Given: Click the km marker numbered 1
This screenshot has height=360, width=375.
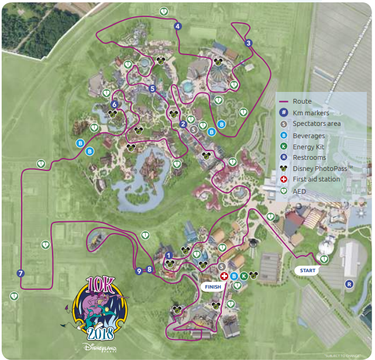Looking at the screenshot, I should coord(168,255).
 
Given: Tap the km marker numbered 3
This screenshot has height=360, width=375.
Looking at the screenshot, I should coord(248,43).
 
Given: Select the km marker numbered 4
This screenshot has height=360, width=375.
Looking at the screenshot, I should coord(178,26).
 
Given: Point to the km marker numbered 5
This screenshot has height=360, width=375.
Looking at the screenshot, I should coord(152,89).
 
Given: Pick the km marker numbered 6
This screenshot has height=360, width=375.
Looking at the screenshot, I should coord(114,105).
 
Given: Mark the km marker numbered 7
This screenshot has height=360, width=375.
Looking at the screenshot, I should coord(21,273).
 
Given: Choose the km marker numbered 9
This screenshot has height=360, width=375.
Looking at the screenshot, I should coord(139,270).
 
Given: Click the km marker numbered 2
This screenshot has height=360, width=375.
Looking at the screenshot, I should coord(183,124).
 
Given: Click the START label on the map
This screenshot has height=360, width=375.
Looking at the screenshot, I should coord(308,271).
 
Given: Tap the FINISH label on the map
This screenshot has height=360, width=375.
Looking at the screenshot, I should coord(214,287).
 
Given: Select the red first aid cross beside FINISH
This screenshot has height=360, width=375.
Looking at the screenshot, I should coord(223,276).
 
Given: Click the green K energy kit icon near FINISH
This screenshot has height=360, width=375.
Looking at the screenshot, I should coord(243,276).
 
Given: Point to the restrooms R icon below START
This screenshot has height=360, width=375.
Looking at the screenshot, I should coord(349,284).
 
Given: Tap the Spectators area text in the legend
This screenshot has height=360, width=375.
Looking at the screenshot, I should coord(316,124).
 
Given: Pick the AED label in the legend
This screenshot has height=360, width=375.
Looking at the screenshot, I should coord(300,190).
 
